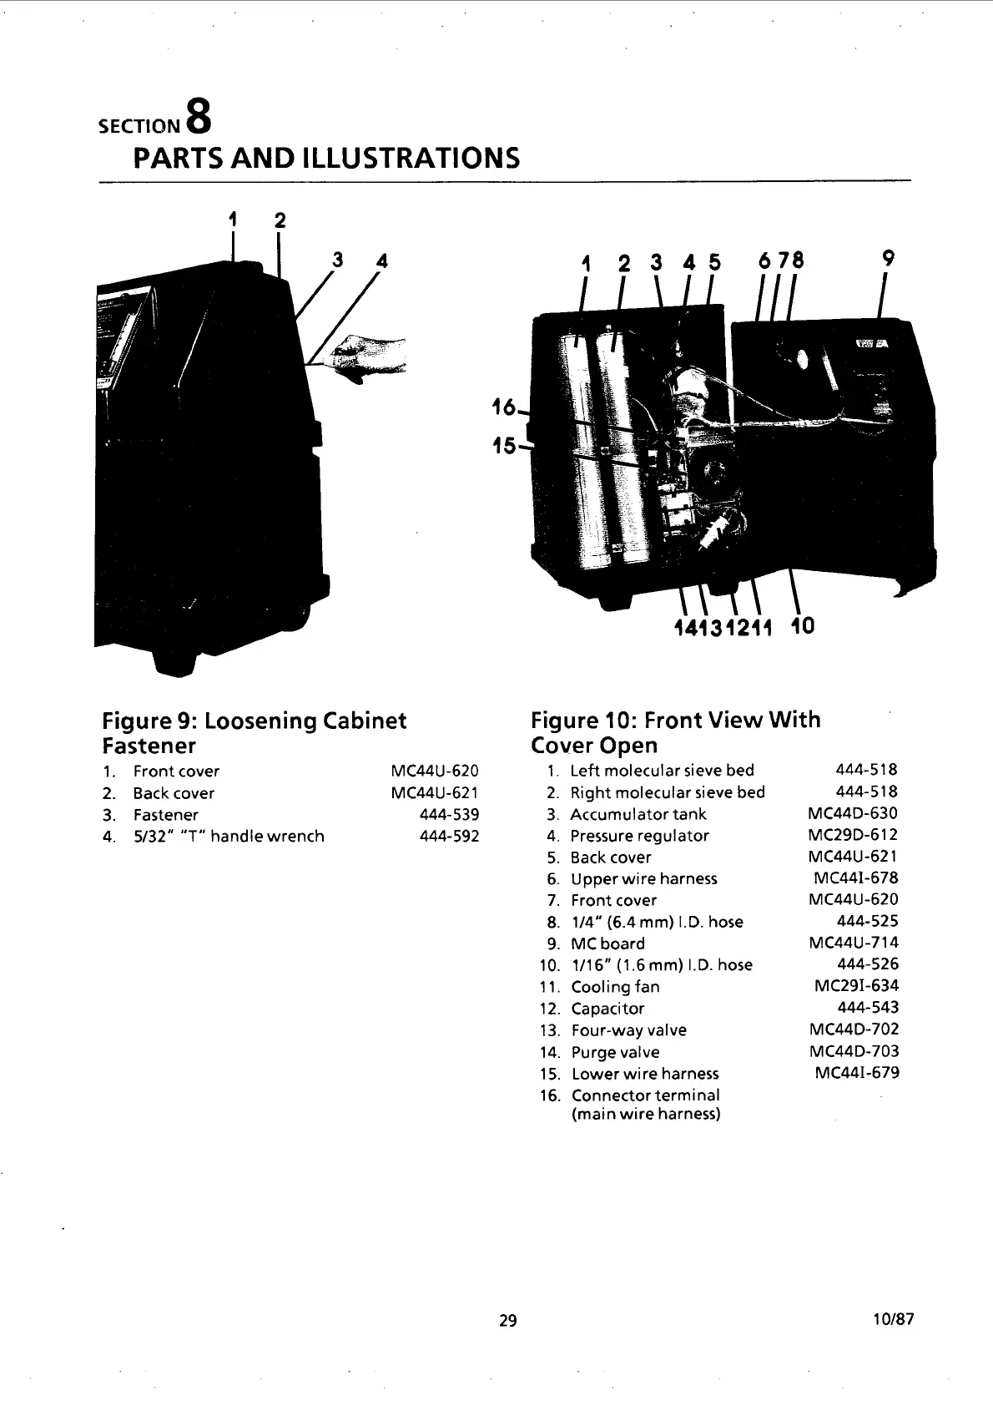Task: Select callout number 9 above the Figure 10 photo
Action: coord(888,260)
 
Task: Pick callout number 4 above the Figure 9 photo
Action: coord(382,260)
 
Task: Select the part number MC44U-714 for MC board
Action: coord(854,943)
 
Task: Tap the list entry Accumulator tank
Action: coord(638,814)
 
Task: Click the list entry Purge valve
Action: coord(615,1052)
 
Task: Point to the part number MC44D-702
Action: coord(854,1029)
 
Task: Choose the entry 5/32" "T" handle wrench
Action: coord(229,836)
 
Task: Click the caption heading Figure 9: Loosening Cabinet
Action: coord(254,720)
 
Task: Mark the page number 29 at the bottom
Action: coord(507,1320)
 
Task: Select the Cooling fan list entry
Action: coord(615,987)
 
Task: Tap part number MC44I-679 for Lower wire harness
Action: coord(856,1073)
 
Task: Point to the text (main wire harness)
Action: coord(645,1115)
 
